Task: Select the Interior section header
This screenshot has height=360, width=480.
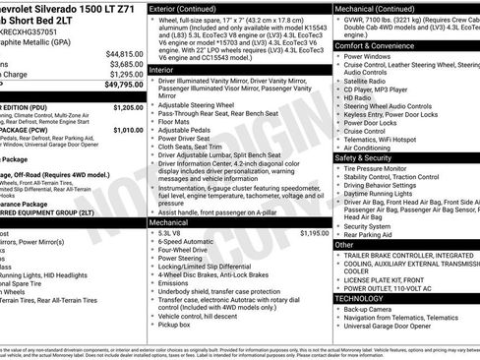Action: click(163, 70)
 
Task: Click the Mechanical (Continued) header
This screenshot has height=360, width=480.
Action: click(380, 8)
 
